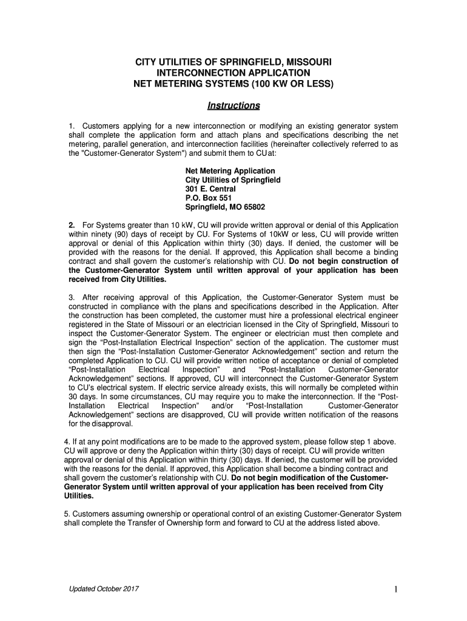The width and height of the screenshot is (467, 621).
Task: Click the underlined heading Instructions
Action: [233, 106]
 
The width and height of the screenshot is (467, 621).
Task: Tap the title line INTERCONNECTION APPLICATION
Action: [233, 73]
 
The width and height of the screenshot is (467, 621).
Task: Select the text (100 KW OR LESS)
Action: [288, 83]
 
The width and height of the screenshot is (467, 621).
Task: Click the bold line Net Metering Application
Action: [230, 171]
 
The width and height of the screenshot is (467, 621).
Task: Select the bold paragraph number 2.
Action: [72, 226]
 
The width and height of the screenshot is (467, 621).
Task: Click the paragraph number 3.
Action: [72, 298]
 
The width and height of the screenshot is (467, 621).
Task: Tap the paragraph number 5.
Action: [66, 514]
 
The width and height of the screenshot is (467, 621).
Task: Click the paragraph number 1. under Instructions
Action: [72, 126]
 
